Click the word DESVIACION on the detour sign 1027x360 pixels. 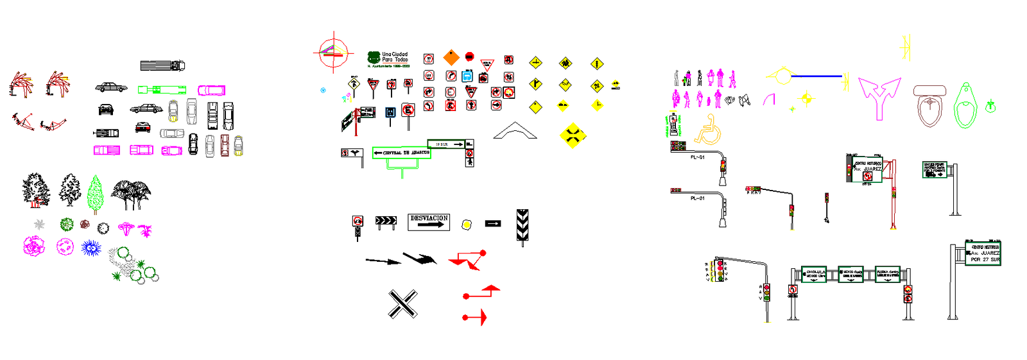pyautogui.click(x=429, y=218)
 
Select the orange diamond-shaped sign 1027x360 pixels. pyautogui.click(x=451, y=58)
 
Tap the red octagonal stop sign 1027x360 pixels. pyautogui.click(x=469, y=56)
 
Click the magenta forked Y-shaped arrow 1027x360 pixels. pyautogui.click(x=879, y=97)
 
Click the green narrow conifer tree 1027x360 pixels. pyautogui.click(x=95, y=192)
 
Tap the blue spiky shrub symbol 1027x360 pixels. pyautogui.click(x=91, y=248)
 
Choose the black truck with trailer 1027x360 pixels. pyautogui.click(x=162, y=65)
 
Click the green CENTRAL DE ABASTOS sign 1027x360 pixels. pyautogui.click(x=402, y=153)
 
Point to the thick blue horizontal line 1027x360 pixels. pyautogui.click(x=816, y=76)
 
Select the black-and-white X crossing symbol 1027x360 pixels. pyautogui.click(x=402, y=304)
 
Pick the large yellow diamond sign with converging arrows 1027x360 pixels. pyautogui.click(x=573, y=135)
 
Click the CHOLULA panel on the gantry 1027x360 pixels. pyautogui.click(x=813, y=274)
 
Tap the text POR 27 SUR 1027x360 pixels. pyautogui.click(x=985, y=260)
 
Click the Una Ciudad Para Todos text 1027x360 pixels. pyautogui.click(x=395, y=57)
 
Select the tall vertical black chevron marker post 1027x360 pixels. pyautogui.click(x=522, y=225)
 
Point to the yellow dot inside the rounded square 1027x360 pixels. pyautogui.click(x=467, y=224)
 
